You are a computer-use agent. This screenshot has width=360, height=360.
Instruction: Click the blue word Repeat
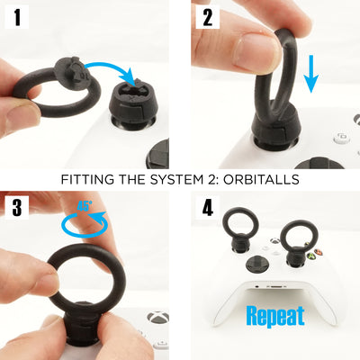[275, 316]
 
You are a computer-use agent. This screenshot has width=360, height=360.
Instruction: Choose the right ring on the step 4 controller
[296, 239]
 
